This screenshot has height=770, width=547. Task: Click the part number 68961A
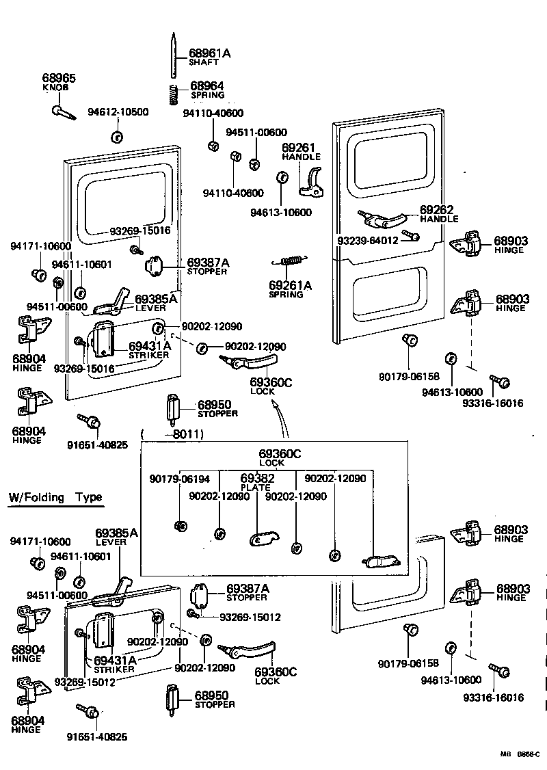[x=210, y=53]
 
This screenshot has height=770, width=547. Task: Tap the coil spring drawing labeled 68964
[x=174, y=94]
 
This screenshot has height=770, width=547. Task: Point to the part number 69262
[x=436, y=209]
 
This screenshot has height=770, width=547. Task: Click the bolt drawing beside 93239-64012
[x=412, y=236]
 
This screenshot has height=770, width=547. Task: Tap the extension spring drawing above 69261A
[x=292, y=261]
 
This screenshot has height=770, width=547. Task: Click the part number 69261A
[x=290, y=284]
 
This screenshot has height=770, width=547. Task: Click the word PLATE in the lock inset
[x=256, y=488]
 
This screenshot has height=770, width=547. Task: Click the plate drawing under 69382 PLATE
[x=261, y=540]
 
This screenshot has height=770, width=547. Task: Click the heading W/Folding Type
[x=55, y=497]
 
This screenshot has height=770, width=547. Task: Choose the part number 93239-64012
[x=368, y=240]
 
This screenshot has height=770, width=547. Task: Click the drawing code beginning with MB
[x=520, y=754]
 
